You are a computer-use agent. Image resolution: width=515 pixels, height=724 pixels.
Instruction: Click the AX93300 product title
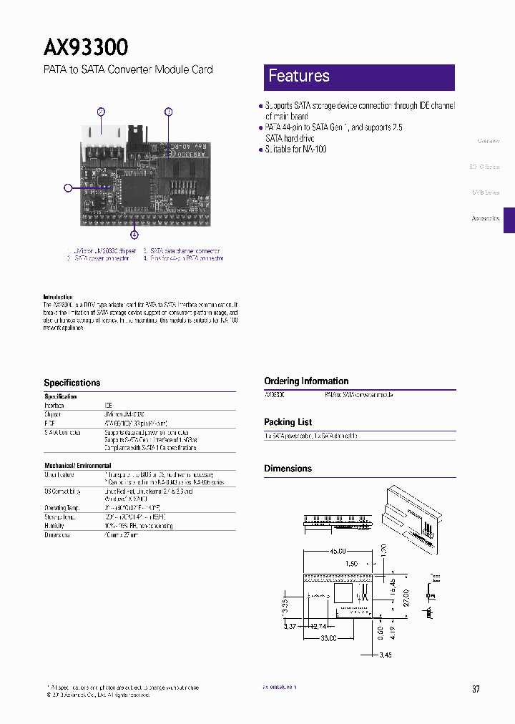pos(86,47)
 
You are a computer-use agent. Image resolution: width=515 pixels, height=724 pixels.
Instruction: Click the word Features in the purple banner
pos(298,76)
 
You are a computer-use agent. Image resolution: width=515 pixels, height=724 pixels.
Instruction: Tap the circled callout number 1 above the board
pos(169,112)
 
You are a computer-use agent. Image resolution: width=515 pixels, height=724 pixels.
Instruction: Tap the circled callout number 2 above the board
pos(102,112)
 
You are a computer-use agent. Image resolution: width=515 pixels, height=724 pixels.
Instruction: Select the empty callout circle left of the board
pos(68,188)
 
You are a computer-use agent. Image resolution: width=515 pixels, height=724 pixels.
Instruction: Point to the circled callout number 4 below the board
pos(134,234)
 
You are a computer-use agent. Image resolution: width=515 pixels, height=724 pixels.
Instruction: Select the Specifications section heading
pos(72,383)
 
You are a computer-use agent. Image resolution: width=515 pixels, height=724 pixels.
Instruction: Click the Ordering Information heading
pos(306,381)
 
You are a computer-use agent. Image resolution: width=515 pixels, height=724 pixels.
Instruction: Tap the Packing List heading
pos(288,422)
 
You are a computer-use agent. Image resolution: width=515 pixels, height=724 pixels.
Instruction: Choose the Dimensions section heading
pos(288,469)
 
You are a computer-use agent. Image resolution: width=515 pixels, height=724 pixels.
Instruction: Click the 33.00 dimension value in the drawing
pos(328,638)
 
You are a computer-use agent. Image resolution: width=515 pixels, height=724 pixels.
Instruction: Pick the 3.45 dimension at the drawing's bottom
pos(385,655)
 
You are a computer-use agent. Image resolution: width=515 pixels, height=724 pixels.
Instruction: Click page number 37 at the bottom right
pos(476,689)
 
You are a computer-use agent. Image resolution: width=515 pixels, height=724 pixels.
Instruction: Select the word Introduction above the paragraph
pos(58,297)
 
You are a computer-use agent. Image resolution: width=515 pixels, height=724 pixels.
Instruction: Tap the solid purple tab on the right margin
pos(509,220)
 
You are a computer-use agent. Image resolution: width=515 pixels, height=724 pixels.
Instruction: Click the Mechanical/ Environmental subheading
pos(78,466)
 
